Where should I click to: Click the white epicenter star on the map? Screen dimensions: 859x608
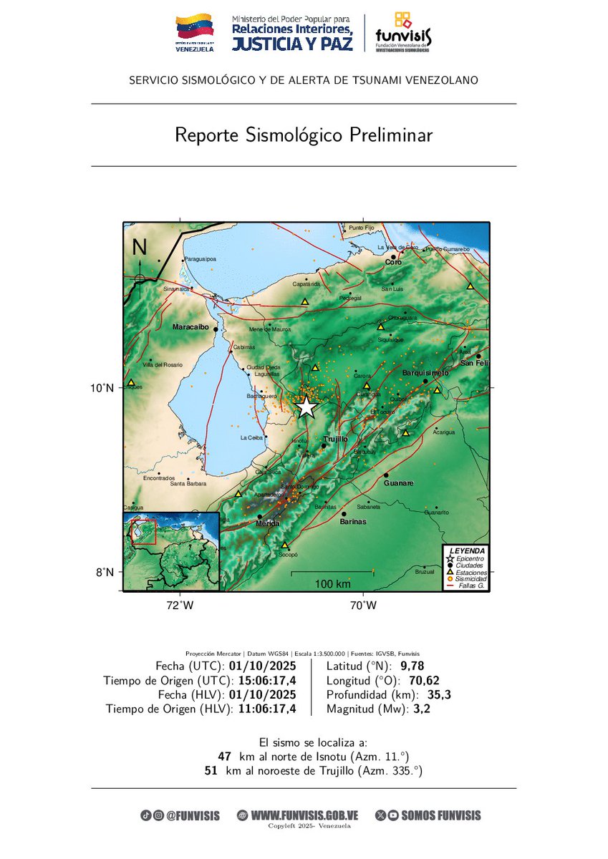pos(306,407)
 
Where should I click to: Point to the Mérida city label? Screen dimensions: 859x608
pos(268,523)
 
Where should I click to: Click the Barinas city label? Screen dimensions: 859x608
pos(353,522)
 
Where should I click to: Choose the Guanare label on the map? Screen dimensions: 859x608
pos(399,483)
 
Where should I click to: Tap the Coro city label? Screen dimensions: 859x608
pos(393,263)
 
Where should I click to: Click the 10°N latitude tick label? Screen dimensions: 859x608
pos(101,388)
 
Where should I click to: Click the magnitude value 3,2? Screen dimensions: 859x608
pos(420,709)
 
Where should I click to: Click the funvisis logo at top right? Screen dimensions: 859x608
pos(403,32)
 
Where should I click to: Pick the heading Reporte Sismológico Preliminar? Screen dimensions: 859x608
pos(304,135)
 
